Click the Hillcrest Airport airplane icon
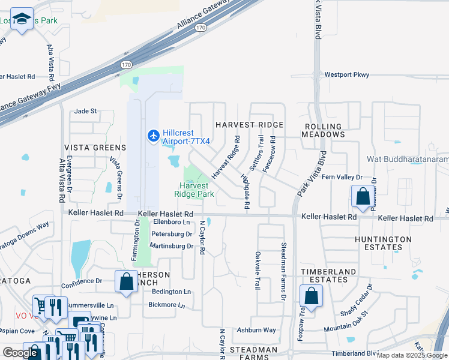(153, 136)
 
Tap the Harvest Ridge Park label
(194, 190)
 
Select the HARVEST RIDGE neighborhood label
(249, 124)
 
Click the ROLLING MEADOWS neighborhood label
(324, 130)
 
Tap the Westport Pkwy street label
(346, 75)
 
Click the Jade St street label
(85, 111)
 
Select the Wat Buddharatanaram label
(408, 160)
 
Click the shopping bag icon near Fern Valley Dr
(363, 196)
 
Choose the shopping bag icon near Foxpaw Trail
(311, 296)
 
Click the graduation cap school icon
(23, 20)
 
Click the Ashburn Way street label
(256, 330)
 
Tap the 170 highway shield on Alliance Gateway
(201, 28)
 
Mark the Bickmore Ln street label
(166, 305)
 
